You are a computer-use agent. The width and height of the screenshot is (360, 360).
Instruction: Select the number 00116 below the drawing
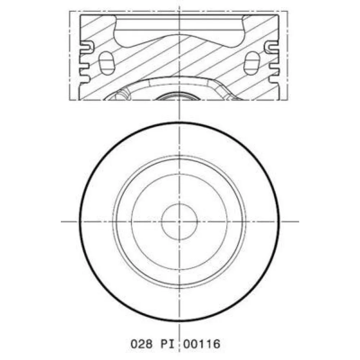click(201, 343)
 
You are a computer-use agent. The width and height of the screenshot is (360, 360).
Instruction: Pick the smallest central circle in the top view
click(179, 221)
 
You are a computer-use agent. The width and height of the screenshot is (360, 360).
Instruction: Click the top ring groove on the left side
click(86, 46)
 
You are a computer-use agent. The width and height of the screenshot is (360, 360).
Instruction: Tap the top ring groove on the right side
click(272, 46)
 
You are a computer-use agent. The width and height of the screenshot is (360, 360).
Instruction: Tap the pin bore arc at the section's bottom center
click(179, 95)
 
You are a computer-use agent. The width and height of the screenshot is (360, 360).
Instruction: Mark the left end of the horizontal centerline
click(62, 221)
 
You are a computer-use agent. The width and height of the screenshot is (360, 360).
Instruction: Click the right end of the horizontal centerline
click(298, 221)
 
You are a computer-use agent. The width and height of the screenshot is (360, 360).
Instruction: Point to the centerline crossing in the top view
click(179, 221)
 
